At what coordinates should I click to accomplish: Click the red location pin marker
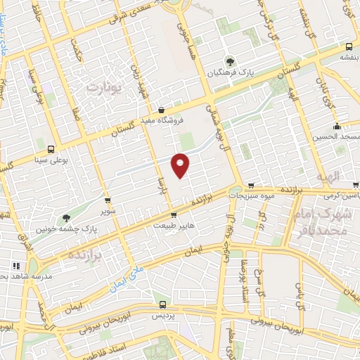tap(181, 165)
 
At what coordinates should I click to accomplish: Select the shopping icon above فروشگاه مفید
tap(162, 110)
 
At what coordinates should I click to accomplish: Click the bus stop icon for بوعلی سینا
tap(51, 149)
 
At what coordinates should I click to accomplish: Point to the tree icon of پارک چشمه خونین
tap(67, 218)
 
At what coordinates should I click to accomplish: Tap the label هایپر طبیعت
tap(173, 226)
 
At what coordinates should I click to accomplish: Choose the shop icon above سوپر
tap(107, 200)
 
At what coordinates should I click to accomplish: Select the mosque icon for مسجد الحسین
tap(337, 127)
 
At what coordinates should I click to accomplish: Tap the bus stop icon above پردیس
tap(162, 305)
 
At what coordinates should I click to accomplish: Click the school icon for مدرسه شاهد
tap(15, 266)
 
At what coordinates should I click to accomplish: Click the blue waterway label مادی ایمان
tap(126, 277)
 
